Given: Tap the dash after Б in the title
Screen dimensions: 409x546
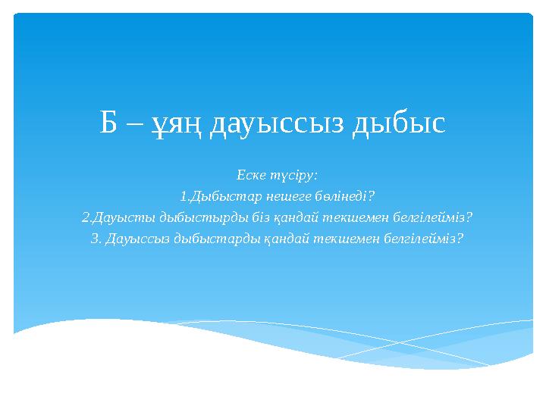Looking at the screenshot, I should click(x=133, y=123).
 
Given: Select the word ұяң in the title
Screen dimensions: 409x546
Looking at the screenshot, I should click(x=174, y=123).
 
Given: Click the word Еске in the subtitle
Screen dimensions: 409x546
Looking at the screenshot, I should click(x=250, y=176).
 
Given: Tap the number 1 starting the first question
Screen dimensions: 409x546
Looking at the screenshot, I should click(x=184, y=197).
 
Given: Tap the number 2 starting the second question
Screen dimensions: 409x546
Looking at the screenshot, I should click(x=84, y=217).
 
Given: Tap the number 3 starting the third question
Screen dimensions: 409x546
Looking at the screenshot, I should click(x=94, y=239).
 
